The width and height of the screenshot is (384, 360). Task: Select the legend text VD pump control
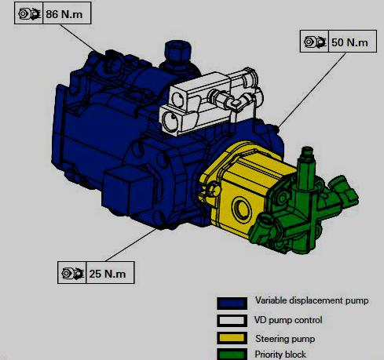[x=289, y=320]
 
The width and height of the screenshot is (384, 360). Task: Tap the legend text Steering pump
[x=283, y=338]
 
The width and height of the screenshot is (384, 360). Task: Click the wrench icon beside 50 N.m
[x=315, y=41]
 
